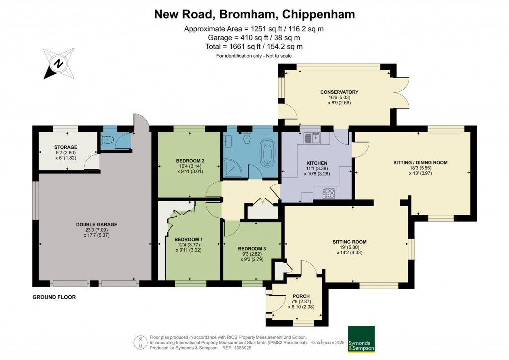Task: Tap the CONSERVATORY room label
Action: [x=339, y=92]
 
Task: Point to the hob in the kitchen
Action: [x=329, y=192]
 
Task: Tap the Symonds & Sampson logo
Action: [x=361, y=339]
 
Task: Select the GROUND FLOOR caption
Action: [x=54, y=297]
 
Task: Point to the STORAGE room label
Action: [x=66, y=147]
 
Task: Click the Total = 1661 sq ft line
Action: [x=254, y=47]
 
